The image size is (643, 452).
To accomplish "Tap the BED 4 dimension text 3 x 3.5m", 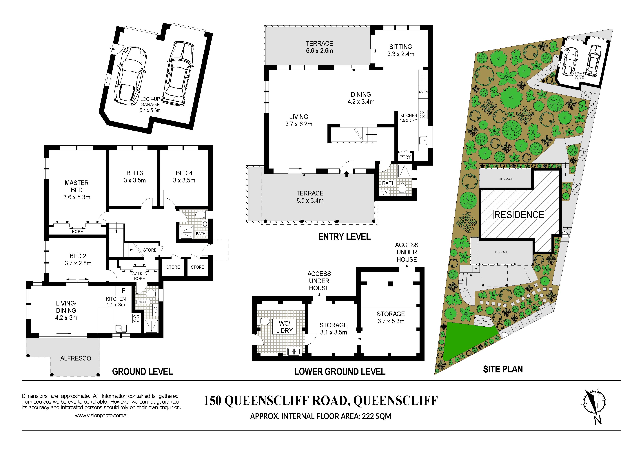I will [x=184, y=180].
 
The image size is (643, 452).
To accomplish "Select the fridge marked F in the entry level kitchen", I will [x=423, y=78].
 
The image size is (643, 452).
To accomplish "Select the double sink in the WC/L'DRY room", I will [x=293, y=351].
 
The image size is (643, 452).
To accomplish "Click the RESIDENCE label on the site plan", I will [x=519, y=215].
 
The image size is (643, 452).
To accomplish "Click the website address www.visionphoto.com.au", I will [x=102, y=416].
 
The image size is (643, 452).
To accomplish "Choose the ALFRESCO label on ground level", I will [x=76, y=358].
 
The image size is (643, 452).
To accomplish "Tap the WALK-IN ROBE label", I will [x=139, y=276].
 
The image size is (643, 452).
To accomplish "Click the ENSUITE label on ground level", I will [x=143, y=302].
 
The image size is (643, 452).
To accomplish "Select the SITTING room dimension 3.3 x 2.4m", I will [x=401, y=54].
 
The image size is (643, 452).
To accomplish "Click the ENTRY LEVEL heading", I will [x=344, y=237].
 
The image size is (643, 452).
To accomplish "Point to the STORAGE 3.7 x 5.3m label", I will [x=391, y=317].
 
